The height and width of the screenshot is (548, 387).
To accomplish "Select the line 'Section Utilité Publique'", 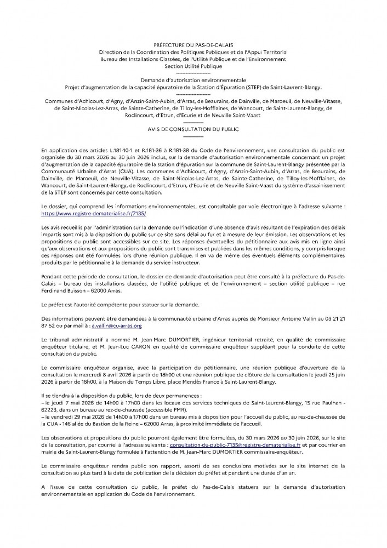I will coord(193,66).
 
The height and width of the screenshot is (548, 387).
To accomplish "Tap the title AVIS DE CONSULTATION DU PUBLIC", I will coord(193,130).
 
